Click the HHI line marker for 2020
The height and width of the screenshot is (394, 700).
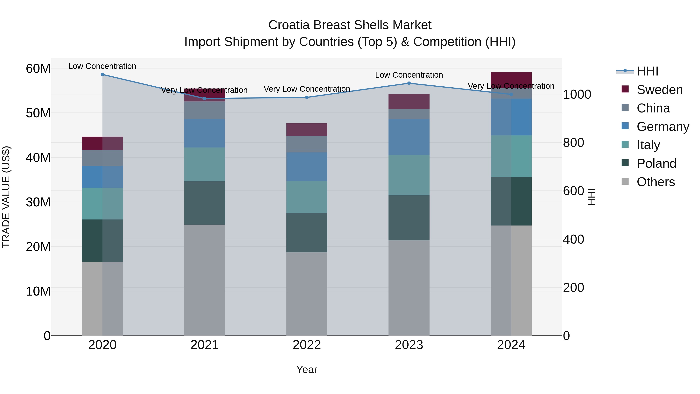click(x=102, y=75)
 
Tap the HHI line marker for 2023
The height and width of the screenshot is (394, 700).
click(x=409, y=83)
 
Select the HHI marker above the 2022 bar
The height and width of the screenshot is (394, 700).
click(x=307, y=97)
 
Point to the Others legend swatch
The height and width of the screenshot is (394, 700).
click(x=625, y=181)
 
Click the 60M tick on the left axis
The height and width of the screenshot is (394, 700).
click(x=38, y=68)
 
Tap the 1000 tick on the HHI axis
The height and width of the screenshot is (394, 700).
click(x=577, y=95)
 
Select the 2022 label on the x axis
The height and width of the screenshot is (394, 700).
click(x=307, y=345)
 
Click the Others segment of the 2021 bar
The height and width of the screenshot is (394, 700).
click(x=205, y=280)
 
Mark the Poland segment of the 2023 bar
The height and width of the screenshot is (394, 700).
click(x=409, y=218)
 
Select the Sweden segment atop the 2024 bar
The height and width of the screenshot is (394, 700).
click(x=511, y=80)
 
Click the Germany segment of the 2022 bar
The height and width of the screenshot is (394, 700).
click(x=307, y=167)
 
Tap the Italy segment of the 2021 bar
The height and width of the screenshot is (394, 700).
click(x=205, y=164)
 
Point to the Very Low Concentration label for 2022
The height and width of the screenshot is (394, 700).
click(x=307, y=89)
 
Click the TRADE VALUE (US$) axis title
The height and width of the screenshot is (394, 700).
click(x=6, y=197)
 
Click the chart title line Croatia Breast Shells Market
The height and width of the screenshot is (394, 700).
click(x=350, y=25)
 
